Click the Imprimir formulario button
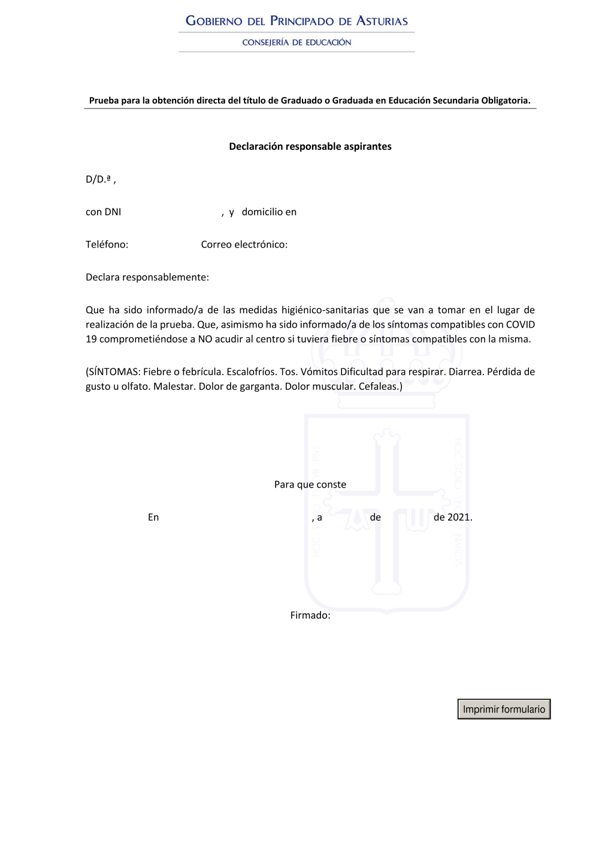point(504,709)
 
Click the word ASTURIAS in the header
point(382,21)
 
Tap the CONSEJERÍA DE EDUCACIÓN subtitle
point(297,43)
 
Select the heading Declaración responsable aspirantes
point(310,146)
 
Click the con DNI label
point(103,212)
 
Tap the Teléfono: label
point(107,244)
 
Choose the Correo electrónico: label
point(244,244)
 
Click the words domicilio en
point(269,212)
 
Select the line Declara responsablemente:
point(147,277)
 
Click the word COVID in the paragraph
point(520,325)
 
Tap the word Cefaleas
point(379,386)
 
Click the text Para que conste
point(310,485)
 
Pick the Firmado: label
point(310,615)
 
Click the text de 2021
point(453,518)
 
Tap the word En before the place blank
point(153,518)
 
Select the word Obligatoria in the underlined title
point(506,101)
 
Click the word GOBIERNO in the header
point(214,21)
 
